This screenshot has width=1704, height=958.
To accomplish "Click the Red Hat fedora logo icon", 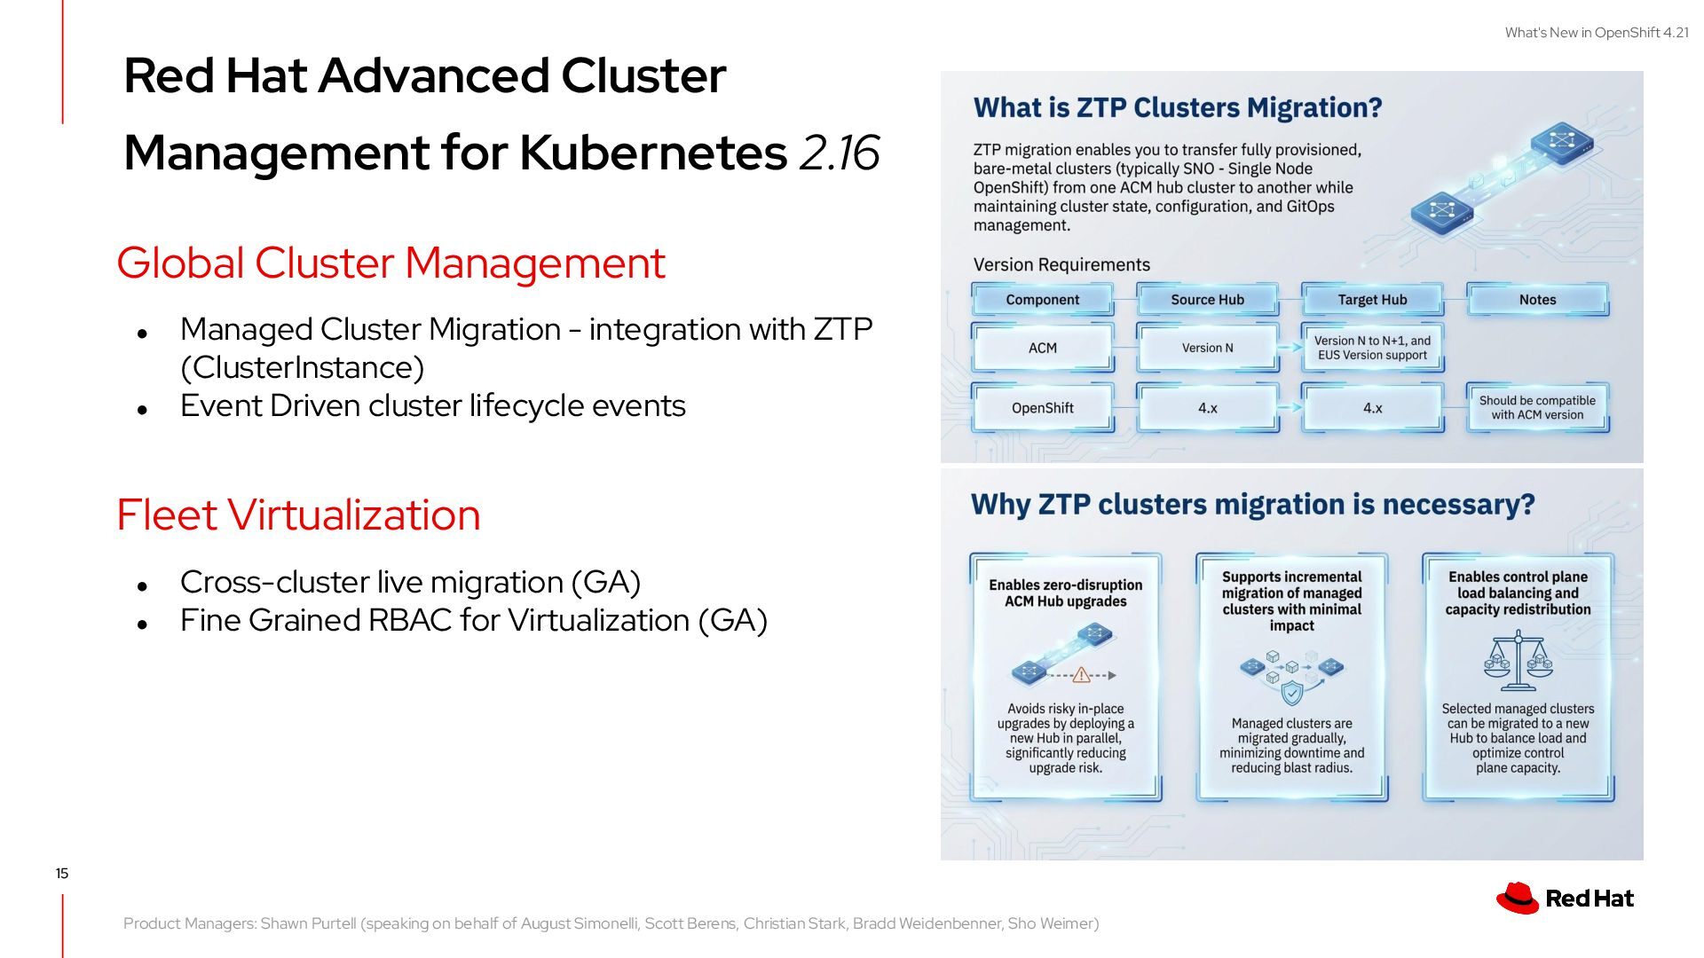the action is [x=1517, y=898].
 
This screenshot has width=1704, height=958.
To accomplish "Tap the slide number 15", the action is [x=62, y=874].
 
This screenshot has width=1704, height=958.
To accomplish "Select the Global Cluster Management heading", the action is [x=390, y=263].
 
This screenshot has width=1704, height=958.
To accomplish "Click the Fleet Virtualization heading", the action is [x=298, y=515].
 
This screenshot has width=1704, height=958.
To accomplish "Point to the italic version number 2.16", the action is [x=839, y=153].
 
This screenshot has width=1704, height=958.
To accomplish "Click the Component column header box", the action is [x=1043, y=300].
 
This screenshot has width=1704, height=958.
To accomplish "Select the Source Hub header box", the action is [x=1207, y=300].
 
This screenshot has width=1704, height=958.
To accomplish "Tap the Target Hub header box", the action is [x=1372, y=300].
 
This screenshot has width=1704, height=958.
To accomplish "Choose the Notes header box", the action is [x=1537, y=300].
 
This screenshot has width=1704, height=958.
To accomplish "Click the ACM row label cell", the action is [x=1043, y=348].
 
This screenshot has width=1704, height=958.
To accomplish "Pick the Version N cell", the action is [x=1207, y=348].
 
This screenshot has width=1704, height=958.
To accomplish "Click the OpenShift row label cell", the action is [x=1043, y=408].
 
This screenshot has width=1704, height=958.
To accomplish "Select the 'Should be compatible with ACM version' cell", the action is [x=1537, y=408].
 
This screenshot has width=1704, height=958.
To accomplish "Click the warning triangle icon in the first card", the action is [x=1081, y=675].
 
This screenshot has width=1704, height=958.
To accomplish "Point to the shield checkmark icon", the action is [x=1292, y=692].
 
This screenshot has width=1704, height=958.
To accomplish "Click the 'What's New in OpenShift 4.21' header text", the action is [x=1597, y=33].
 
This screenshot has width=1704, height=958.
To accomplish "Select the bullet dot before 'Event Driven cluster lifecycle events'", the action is [x=142, y=410].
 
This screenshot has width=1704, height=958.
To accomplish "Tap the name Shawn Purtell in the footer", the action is [x=309, y=923].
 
